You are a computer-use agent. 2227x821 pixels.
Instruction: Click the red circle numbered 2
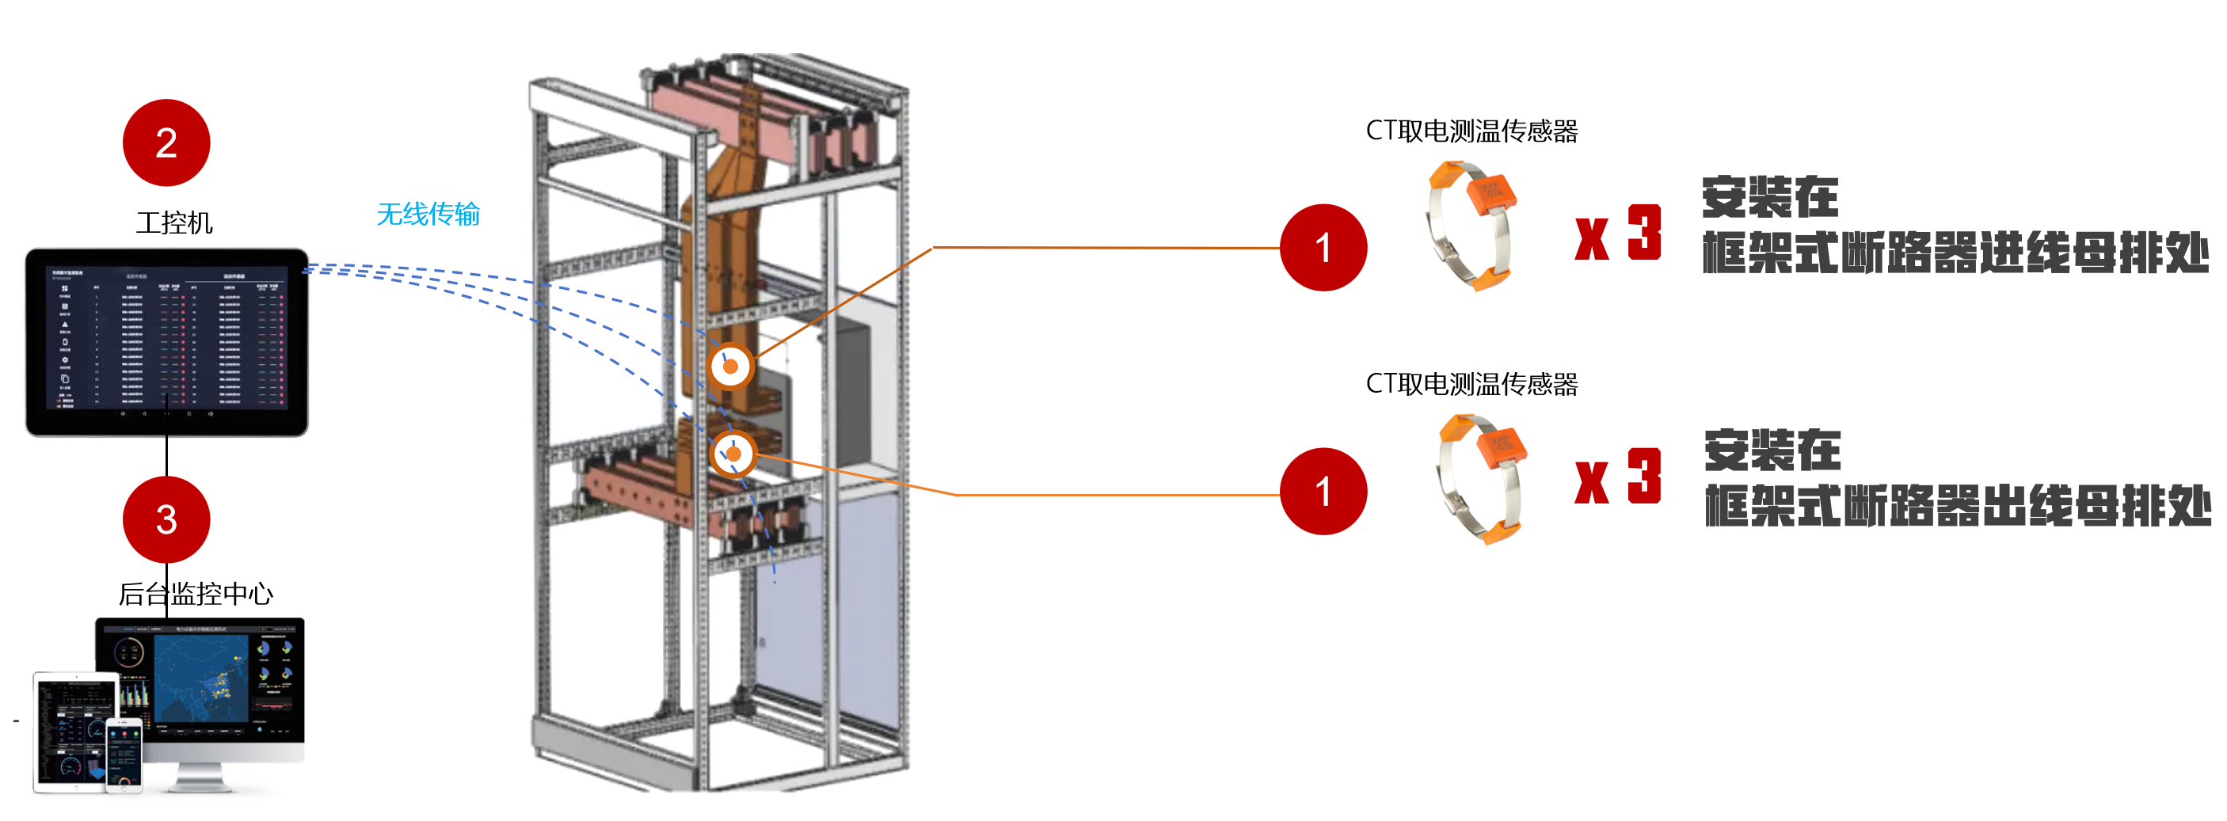tap(166, 143)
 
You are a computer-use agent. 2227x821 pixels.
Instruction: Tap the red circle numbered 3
tap(166, 519)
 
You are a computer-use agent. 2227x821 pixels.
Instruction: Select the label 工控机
tap(173, 223)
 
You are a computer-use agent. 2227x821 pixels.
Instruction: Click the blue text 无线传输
tap(428, 215)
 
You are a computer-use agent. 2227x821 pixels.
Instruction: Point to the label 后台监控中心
tap(196, 594)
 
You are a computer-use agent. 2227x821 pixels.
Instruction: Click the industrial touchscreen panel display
tap(167, 342)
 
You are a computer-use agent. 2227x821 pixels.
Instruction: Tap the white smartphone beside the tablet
tap(124, 754)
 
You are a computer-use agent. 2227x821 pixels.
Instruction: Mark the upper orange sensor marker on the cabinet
tap(730, 367)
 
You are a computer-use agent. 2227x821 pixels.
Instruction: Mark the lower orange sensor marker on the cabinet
tap(733, 454)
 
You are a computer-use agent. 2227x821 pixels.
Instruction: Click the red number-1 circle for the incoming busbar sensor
tap(1323, 248)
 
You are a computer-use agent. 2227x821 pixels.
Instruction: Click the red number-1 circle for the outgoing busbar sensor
tap(1323, 492)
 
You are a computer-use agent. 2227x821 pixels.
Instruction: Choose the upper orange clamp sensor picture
tap(1471, 226)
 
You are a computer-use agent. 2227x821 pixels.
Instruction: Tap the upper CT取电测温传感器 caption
tap(1471, 131)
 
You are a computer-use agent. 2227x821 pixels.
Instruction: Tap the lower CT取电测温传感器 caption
tap(1471, 385)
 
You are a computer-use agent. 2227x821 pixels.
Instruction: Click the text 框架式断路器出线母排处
tap(1957, 507)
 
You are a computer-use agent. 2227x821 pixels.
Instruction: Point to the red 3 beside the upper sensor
tap(1644, 233)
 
